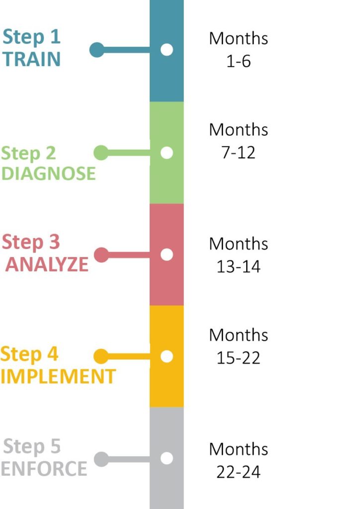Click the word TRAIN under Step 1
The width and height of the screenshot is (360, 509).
point(31,59)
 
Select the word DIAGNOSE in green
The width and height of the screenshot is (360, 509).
point(48,173)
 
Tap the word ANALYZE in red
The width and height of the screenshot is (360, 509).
point(47,264)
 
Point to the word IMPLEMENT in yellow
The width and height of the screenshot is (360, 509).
point(58,376)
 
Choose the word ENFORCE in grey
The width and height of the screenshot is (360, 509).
point(44,468)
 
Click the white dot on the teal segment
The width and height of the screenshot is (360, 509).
point(167,50)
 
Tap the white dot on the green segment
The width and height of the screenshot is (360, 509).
point(167,153)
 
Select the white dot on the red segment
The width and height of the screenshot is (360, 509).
point(167,255)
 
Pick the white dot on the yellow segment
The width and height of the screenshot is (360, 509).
point(167,356)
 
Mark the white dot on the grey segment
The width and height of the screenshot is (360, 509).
point(167,458)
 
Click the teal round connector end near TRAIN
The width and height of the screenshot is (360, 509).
point(97,50)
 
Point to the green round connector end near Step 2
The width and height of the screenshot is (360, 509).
point(101,153)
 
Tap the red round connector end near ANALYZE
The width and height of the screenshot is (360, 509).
point(101,255)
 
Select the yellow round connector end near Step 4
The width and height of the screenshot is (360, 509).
point(101,356)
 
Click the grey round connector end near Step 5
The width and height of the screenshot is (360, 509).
point(101,459)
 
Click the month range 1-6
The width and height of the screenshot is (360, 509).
point(239,61)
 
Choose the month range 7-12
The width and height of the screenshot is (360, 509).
point(239,152)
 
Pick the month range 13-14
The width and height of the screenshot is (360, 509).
point(239,266)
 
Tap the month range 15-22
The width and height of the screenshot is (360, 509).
point(239,358)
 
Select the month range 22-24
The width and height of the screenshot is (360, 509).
point(239,472)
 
